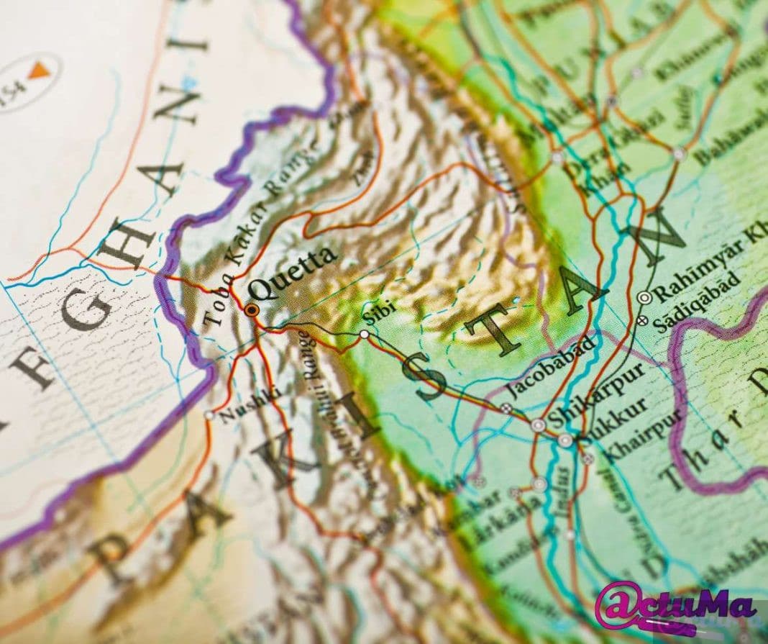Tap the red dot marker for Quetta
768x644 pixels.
pos(252,310)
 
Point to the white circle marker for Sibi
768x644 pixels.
pos(365,335)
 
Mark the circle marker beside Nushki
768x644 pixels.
pos(209,415)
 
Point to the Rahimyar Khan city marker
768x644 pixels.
pos(644,296)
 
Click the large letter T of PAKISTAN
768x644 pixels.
pos(496,331)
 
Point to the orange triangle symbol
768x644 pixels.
pos(38,70)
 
